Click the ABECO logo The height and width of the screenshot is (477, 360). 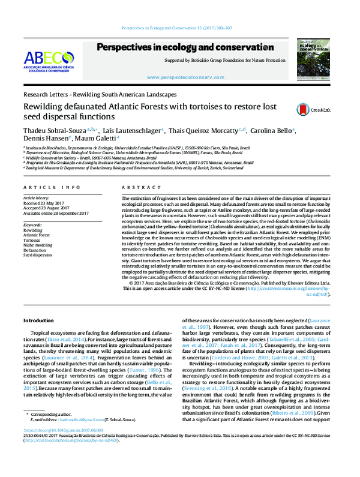point(48,61)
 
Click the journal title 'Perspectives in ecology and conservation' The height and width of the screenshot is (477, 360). point(185,47)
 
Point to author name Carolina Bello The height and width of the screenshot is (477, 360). point(275,131)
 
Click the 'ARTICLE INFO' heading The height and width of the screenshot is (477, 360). point(47,187)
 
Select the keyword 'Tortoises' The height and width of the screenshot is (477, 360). point(33,239)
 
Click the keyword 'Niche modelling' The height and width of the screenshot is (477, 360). point(38,245)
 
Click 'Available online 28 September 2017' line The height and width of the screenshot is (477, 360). point(55,213)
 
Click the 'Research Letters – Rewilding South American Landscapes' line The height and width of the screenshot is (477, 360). point(100,95)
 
